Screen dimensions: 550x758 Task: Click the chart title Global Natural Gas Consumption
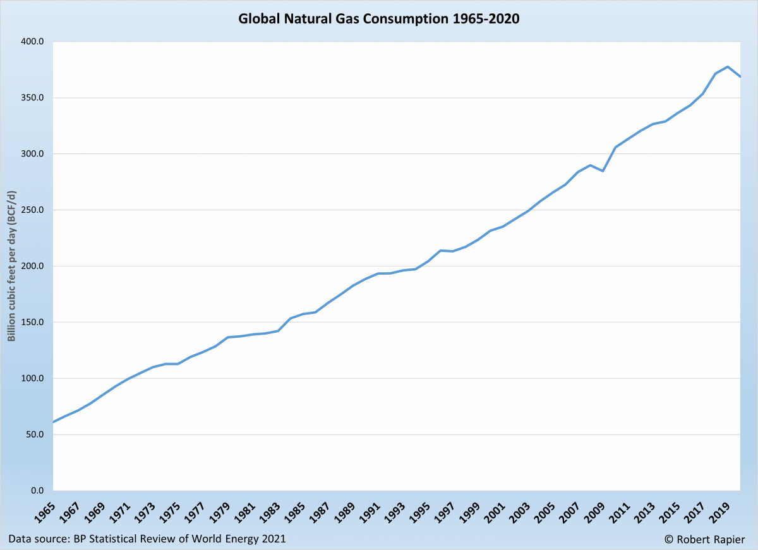378,19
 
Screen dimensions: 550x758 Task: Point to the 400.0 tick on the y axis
32,42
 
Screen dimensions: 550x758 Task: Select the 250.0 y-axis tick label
32,210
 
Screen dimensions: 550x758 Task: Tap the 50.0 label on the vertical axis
34,435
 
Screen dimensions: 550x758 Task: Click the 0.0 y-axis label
37,491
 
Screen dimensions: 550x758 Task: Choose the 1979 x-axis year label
219,510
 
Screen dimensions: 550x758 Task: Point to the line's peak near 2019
728,66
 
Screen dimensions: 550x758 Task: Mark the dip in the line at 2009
603,171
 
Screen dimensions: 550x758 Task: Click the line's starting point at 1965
54,422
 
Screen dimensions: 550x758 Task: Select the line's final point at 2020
740,76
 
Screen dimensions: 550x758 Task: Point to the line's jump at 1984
291,318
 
